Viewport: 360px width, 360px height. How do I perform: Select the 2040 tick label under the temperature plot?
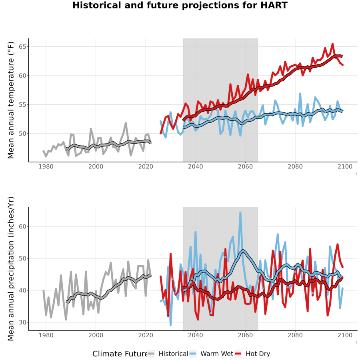[x=195, y=166]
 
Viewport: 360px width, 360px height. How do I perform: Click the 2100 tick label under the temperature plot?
[x=345, y=166]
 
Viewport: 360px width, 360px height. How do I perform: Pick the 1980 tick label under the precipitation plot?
[x=46, y=335]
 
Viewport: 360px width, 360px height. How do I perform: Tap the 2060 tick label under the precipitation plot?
[x=245, y=335]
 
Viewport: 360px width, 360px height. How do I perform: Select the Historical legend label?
[x=173, y=354]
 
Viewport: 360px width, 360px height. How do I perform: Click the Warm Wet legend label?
[x=217, y=354]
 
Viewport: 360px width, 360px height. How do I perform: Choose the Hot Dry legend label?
[x=258, y=354]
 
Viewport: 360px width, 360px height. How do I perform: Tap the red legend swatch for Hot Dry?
[x=238, y=354]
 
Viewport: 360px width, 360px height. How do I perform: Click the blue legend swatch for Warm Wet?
[x=193, y=354]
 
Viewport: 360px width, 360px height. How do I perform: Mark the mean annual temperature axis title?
[x=11, y=100]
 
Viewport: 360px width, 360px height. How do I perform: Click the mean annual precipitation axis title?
[x=11, y=269]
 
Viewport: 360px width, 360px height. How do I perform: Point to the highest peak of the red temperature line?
[x=332, y=44]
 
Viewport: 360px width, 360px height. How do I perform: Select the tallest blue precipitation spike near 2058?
[x=240, y=213]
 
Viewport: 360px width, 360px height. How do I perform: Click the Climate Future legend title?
[x=120, y=354]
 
